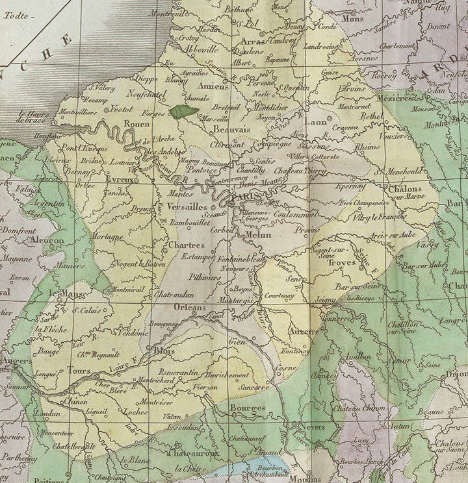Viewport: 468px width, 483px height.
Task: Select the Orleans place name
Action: point(189,308)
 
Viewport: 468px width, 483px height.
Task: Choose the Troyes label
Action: point(343,263)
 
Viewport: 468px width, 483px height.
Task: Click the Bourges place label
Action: point(248,408)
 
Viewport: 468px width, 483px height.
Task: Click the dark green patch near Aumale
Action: point(184,111)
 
